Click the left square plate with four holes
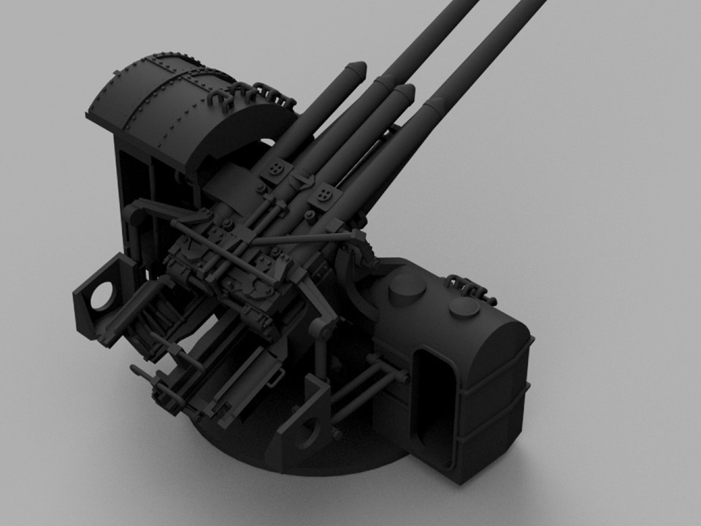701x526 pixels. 277,169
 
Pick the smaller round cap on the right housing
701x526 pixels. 464,309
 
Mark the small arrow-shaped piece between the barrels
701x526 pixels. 300,181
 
